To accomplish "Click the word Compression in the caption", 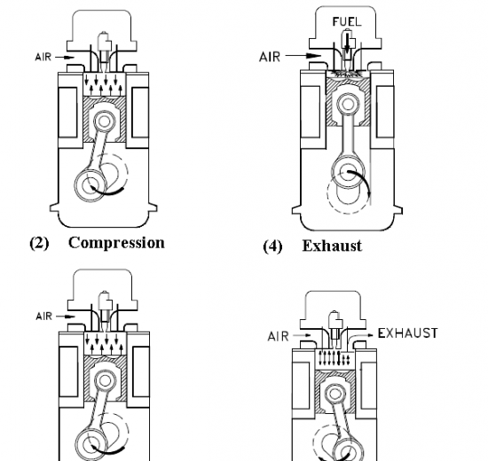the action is [116, 243].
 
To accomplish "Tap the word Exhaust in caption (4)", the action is [332, 246].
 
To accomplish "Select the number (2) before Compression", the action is [39, 243].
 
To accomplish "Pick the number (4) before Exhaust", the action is [272, 246].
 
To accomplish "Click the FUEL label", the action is [347, 22].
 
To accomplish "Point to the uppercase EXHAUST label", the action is [407, 333].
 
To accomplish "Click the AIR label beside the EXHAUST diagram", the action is [278, 336].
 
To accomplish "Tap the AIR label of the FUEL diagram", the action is [270, 57].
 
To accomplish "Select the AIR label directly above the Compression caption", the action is [43, 58].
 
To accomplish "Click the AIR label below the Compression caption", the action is [43, 316].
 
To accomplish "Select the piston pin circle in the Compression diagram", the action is [105, 121].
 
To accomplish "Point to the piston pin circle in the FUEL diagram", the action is [348, 104].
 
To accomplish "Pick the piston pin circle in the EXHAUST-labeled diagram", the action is [335, 395].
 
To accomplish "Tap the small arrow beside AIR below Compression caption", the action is [66, 316].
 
